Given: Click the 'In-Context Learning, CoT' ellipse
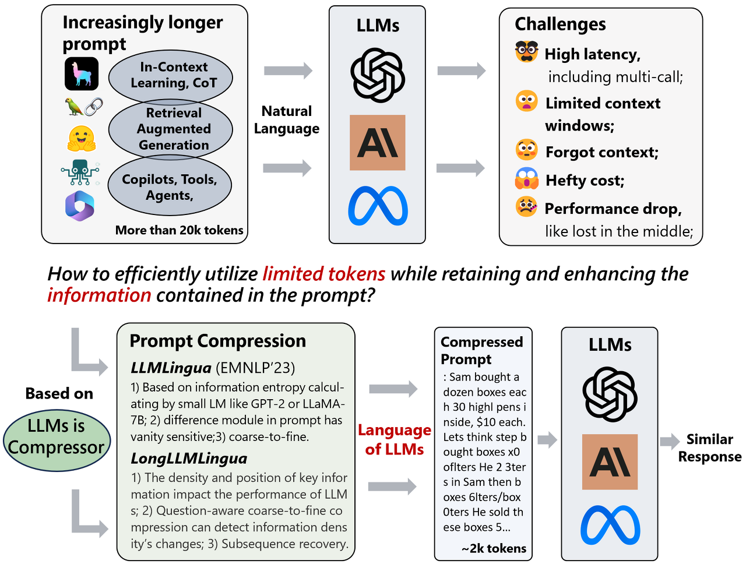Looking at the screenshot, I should tap(171, 76).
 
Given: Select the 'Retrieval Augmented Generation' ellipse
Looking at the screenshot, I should tap(171, 129).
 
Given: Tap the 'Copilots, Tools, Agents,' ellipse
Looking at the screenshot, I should tap(170, 186).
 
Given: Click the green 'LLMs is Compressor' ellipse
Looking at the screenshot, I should tap(57, 437).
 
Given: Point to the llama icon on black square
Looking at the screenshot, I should tap(82, 74).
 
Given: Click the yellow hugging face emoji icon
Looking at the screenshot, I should tap(82, 139).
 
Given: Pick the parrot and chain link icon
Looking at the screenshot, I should tap(83, 107).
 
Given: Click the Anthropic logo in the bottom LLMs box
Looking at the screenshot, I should tap(610, 461).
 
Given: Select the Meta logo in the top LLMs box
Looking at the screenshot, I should tap(378, 206).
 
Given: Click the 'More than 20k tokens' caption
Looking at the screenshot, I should tap(180, 230).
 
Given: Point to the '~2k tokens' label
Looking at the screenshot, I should tap(494, 548).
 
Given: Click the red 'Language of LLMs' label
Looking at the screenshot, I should tap(395, 439).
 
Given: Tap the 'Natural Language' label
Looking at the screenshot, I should tap(287, 119).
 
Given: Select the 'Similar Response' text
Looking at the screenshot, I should tap(709, 447).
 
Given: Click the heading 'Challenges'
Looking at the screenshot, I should tap(560, 24).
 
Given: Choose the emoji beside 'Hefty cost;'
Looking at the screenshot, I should tap(526, 179).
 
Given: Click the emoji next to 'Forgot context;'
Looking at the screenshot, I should tap(526, 150).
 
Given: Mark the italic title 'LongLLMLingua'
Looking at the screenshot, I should tap(189, 459).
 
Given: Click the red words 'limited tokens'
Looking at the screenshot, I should tap(324, 273).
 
